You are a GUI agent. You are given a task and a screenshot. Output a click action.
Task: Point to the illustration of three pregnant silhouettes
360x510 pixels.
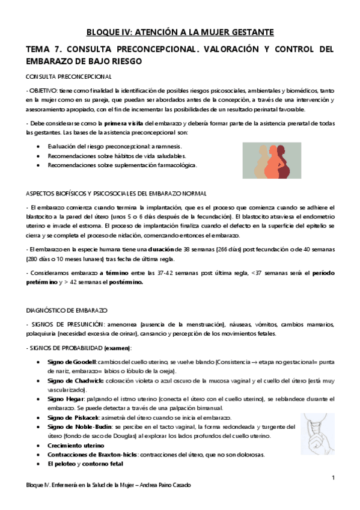(x=276, y=159)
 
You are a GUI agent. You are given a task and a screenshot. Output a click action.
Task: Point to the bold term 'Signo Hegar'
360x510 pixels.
(x=66, y=399)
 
